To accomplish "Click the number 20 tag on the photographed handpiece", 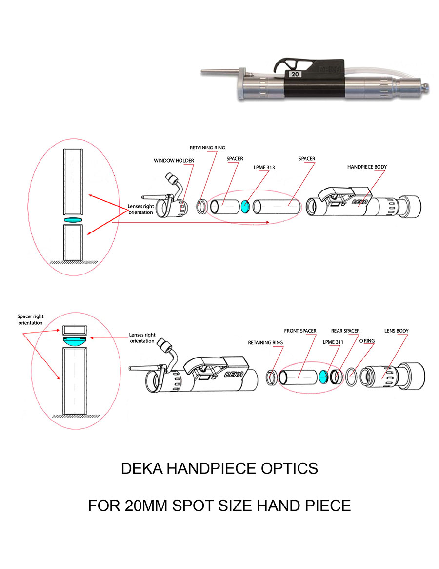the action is pyautogui.click(x=295, y=74).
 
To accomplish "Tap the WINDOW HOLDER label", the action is pyautogui.click(x=174, y=160).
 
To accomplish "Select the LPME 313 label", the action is pyautogui.click(x=264, y=168).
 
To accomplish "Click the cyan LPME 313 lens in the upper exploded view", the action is pyautogui.click(x=245, y=206).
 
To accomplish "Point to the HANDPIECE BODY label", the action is pyautogui.click(x=367, y=167).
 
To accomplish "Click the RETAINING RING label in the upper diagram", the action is pyautogui.click(x=207, y=148).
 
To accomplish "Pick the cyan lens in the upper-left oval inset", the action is pyautogui.click(x=73, y=220).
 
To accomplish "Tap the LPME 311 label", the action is pyautogui.click(x=333, y=342).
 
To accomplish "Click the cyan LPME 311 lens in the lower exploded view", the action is pyautogui.click(x=323, y=377).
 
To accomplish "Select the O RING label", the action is pyautogui.click(x=367, y=341).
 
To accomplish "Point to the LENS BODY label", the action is pyautogui.click(x=396, y=331).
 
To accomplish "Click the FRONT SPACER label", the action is pyautogui.click(x=300, y=331).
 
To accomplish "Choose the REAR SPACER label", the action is pyautogui.click(x=345, y=331).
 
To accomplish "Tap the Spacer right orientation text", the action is pyautogui.click(x=30, y=320).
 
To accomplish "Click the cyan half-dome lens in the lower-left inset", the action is pyautogui.click(x=75, y=341).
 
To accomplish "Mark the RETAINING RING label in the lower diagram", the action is pyautogui.click(x=265, y=342).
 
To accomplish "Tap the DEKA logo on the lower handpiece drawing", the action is pyautogui.click(x=232, y=374).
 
